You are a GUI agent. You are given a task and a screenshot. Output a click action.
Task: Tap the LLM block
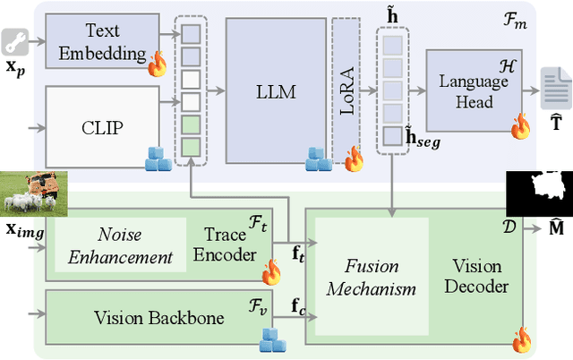click(276, 90)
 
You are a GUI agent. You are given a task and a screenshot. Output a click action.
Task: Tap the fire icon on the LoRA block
click(355, 159)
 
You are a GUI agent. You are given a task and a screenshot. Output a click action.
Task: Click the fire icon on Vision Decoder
click(521, 339)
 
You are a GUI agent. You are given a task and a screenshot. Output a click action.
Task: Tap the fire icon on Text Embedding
click(158, 64)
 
